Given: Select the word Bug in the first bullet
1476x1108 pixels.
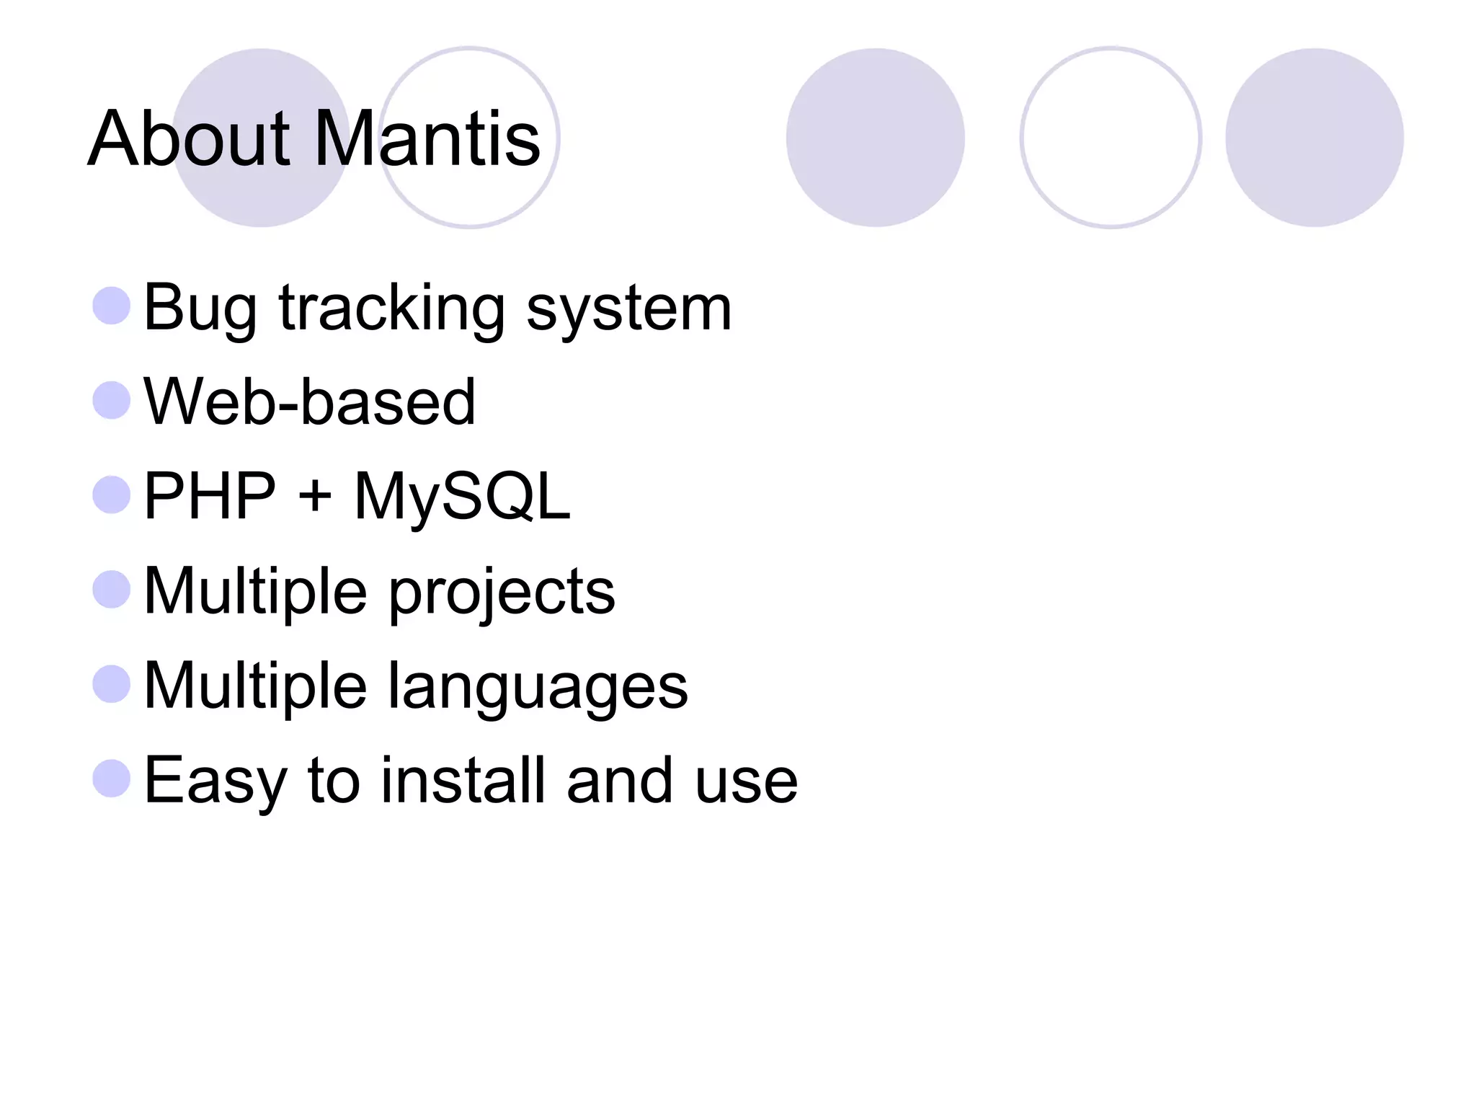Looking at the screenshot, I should click(x=200, y=309).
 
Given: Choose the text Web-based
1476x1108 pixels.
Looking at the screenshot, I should click(x=309, y=402).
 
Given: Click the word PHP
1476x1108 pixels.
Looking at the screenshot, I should click(x=210, y=496).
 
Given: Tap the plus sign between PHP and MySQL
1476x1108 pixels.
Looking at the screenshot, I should click(x=315, y=497).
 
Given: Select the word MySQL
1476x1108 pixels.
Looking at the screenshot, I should click(x=462, y=496).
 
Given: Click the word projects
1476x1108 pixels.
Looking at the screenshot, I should click(x=502, y=591).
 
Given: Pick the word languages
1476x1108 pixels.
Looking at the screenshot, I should click(x=538, y=686).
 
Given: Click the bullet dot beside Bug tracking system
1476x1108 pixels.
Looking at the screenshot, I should click(x=112, y=306).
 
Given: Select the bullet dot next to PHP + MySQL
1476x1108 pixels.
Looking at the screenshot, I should click(x=112, y=495).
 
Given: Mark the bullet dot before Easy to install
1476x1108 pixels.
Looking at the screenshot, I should click(x=112, y=779).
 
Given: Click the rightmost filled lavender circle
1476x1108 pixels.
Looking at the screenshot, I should click(x=1314, y=138).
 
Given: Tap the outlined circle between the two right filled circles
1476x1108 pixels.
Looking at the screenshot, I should click(x=1110, y=138).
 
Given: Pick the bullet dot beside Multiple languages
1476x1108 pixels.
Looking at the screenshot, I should click(x=112, y=683).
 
